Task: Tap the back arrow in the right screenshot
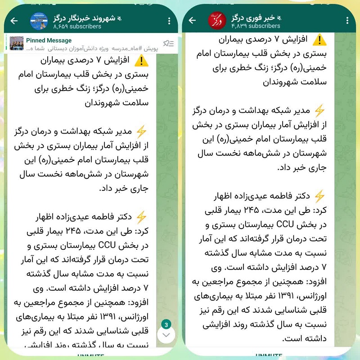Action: pyautogui.click(x=193, y=20)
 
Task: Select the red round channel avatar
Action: pyautogui.click(x=216, y=20)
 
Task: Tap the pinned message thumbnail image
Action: pyautogui.click(x=16, y=43)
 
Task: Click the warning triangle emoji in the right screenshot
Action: pyautogui.click(x=319, y=40)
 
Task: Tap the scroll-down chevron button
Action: pyautogui.click(x=166, y=335)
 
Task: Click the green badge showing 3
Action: pyautogui.click(x=166, y=324)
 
